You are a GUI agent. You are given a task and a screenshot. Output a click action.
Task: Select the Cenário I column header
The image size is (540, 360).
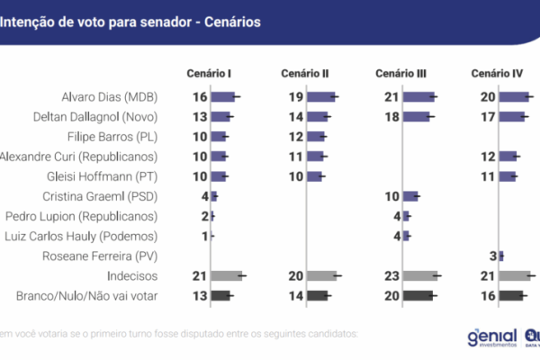[x=210, y=72]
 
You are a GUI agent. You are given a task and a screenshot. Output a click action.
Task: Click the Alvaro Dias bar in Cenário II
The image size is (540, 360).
[x=321, y=96]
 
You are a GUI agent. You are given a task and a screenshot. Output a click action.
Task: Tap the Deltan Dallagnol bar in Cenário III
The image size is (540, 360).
[x=417, y=116]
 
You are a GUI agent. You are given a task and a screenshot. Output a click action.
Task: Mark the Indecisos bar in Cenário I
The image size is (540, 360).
[x=227, y=275]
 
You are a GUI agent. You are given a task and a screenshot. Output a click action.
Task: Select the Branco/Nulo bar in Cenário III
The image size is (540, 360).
[x=418, y=295]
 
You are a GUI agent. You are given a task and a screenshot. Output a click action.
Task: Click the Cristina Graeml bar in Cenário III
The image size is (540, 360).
[x=410, y=196]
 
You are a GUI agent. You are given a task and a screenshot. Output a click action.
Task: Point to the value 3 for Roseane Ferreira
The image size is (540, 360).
[x=493, y=256]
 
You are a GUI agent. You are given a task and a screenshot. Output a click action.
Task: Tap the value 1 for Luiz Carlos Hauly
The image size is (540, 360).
[x=205, y=236]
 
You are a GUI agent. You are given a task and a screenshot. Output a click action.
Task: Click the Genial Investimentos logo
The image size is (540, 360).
[x=491, y=337]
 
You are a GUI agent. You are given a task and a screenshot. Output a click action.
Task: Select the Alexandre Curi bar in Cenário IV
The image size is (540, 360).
[x=508, y=157]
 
